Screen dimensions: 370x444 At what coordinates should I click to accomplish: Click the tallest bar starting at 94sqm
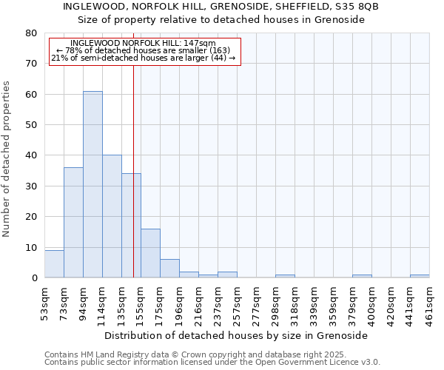click(x=92, y=185)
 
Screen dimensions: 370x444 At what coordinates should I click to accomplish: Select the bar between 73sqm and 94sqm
click(x=73, y=223)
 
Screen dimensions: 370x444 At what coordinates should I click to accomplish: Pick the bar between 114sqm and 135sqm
click(x=112, y=217)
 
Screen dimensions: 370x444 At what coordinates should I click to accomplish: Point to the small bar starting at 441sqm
click(x=420, y=276)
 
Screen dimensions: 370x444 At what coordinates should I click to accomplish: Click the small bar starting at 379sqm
click(x=362, y=276)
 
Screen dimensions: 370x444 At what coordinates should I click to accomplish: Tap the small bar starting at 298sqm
click(x=285, y=276)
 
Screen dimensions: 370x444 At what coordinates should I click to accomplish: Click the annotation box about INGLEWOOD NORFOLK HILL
click(x=145, y=51)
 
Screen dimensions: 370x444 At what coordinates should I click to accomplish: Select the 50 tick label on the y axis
click(x=31, y=125)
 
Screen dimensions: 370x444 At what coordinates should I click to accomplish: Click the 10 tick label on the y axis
click(x=31, y=247)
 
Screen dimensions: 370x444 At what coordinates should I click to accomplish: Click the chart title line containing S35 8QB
click(x=221, y=6)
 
